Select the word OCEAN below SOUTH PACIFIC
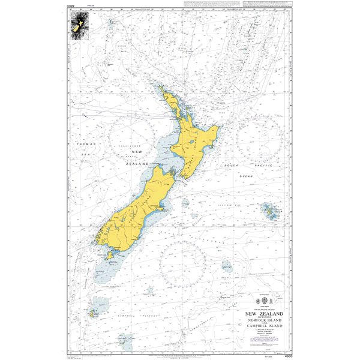coord(247,176)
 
